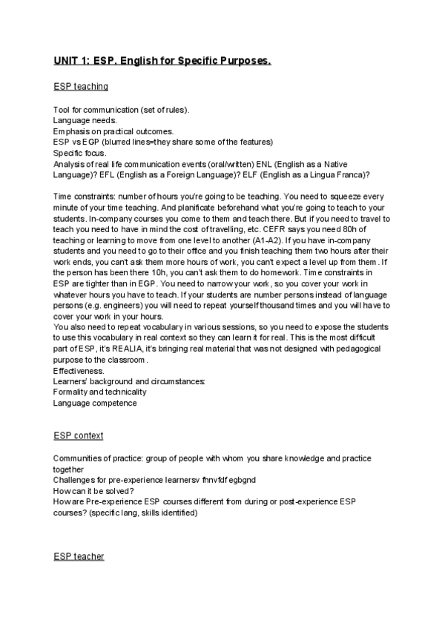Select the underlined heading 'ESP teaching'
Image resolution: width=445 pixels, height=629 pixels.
coord(81,87)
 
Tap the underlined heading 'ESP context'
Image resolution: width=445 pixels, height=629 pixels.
coord(78,435)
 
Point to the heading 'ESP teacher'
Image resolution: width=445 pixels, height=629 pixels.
coord(79,556)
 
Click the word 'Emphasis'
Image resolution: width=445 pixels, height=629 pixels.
coord(71,131)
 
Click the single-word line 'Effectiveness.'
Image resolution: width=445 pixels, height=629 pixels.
coord(78,370)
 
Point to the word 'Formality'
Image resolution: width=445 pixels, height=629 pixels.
coord(71,392)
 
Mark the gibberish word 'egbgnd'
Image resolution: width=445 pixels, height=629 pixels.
coord(240,481)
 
